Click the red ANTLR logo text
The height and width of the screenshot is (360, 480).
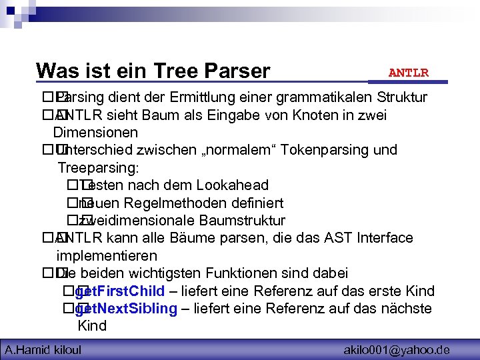408,72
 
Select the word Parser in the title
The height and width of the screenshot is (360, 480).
239,71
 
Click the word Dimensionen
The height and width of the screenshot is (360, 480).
95,133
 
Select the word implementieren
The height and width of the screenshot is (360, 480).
107,256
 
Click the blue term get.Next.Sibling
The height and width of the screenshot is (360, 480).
127,309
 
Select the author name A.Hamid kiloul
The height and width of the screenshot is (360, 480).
43,349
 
